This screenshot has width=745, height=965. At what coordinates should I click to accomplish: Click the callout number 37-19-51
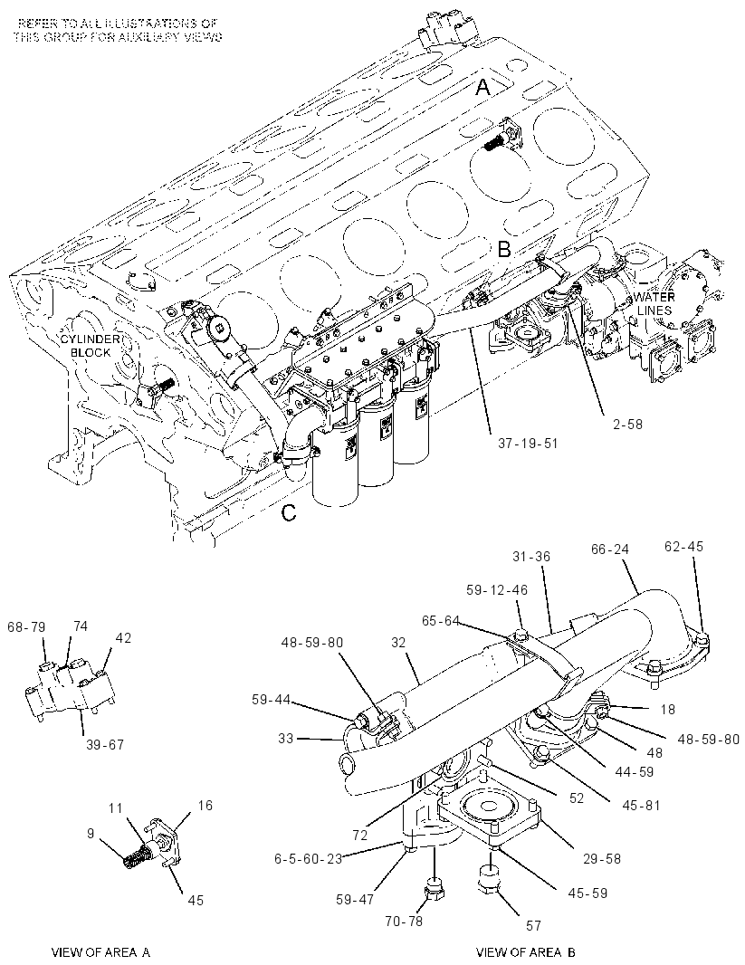click(527, 443)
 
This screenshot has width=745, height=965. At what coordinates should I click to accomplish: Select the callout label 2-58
click(627, 424)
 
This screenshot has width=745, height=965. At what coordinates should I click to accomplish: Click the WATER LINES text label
click(654, 303)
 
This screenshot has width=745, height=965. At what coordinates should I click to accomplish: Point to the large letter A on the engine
click(483, 88)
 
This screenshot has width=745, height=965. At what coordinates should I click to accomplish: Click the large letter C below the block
click(289, 512)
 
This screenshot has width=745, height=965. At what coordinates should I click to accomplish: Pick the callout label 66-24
click(610, 549)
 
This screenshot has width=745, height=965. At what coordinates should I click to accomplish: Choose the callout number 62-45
click(684, 547)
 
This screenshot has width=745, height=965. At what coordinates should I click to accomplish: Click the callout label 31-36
click(530, 556)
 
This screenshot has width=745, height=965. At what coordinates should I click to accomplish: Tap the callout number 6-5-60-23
click(308, 858)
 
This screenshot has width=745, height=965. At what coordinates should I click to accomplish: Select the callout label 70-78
click(404, 921)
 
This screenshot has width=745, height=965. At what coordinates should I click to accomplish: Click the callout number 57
click(533, 925)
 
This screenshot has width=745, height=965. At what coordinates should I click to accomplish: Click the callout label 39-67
click(105, 745)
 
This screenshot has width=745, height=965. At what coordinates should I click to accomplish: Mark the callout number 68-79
click(26, 626)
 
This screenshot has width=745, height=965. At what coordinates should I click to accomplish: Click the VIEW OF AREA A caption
click(100, 952)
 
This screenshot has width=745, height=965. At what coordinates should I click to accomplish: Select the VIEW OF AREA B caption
click(526, 952)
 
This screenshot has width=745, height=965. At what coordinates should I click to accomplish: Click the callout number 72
click(360, 835)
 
